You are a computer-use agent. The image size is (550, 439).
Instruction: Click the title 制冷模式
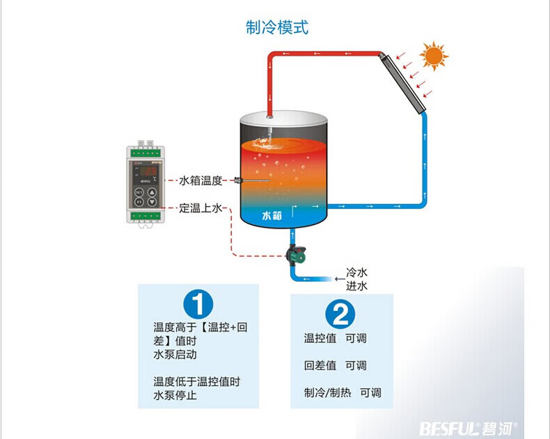tap(276, 28)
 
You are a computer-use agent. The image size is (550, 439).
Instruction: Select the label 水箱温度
tap(201, 180)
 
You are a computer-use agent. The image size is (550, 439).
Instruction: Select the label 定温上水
tap(201, 208)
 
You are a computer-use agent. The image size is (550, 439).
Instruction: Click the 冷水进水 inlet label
tap(356, 279)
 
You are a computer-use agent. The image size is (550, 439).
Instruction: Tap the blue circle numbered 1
tap(198, 306)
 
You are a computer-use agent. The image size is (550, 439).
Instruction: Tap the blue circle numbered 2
tap(341, 315)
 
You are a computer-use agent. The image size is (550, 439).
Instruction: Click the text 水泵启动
tap(175, 354)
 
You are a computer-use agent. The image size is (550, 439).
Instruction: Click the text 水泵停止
tap(175, 396)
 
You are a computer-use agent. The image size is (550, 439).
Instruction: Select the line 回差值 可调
tap(335, 365)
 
